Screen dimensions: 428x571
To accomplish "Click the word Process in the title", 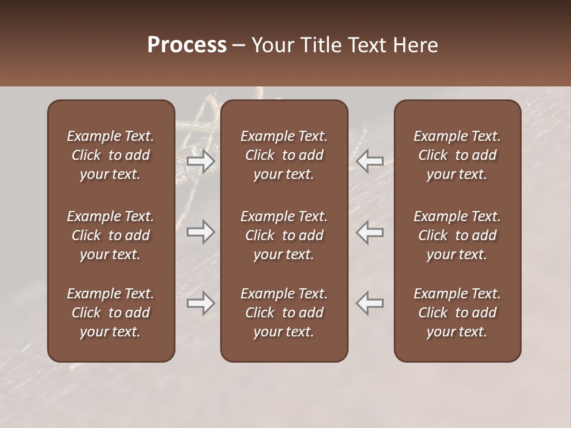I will pyautogui.click(x=187, y=45).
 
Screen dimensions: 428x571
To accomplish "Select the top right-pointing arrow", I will pyautogui.click(x=201, y=161).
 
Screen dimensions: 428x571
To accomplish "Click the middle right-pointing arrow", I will pyautogui.click(x=201, y=232).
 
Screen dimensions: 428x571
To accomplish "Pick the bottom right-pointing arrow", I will pyautogui.click(x=201, y=303).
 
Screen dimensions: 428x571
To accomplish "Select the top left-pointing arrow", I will pyautogui.click(x=370, y=161).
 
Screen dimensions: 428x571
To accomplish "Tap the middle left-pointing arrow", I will pyautogui.click(x=370, y=232).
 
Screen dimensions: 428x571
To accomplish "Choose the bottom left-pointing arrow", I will pyautogui.click(x=370, y=303).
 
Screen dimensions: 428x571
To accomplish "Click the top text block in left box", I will pyautogui.click(x=111, y=155).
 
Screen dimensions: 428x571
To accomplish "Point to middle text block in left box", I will pyautogui.click(x=111, y=235).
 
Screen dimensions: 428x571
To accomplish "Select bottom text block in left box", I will pyautogui.click(x=111, y=313).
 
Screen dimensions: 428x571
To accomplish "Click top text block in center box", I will pyautogui.click(x=284, y=155).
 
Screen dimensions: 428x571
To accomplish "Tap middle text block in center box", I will pyautogui.click(x=284, y=235).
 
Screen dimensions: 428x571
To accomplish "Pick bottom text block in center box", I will pyautogui.click(x=284, y=313).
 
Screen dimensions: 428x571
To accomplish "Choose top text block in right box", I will pyautogui.click(x=457, y=155).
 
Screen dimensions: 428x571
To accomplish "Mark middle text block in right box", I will pyautogui.click(x=457, y=235).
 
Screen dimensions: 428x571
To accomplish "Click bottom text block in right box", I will pyautogui.click(x=457, y=313).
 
